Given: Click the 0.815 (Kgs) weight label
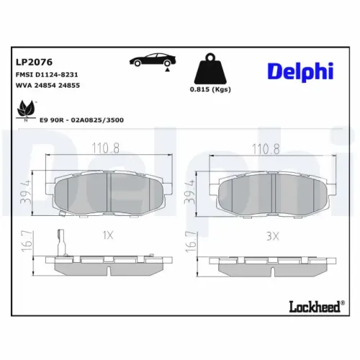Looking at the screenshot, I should point(210,89).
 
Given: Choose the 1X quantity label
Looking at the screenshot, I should point(108,235).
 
